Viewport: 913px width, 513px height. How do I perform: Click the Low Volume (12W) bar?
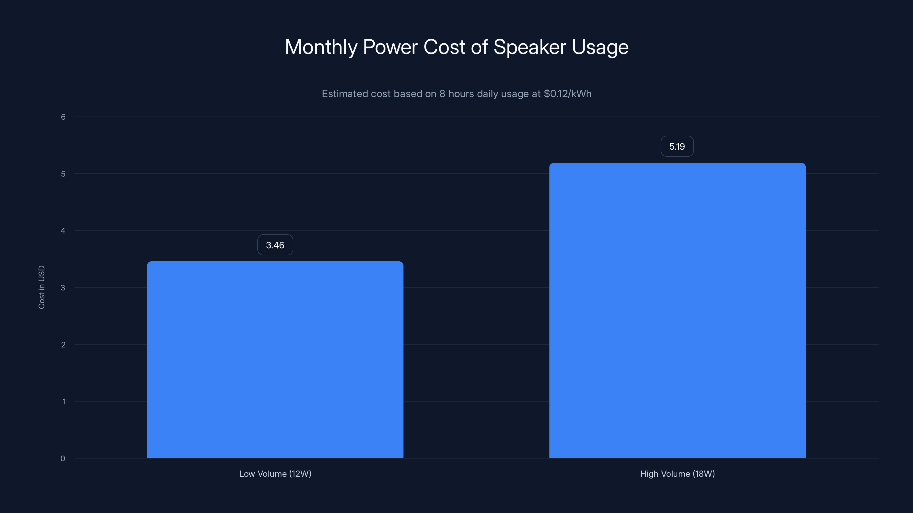click(275, 359)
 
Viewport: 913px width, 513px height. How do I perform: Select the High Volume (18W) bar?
click(677, 310)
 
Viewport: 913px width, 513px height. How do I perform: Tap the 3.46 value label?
click(275, 245)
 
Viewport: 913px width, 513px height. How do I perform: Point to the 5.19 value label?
click(677, 146)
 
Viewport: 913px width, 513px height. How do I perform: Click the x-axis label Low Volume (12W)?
click(275, 474)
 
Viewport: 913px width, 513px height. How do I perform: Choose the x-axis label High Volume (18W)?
click(677, 474)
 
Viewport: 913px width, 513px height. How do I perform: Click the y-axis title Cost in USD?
click(41, 287)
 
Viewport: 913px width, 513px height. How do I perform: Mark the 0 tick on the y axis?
click(63, 459)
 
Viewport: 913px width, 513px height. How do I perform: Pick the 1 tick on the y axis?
click(64, 402)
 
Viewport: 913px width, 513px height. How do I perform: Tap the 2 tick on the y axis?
click(63, 345)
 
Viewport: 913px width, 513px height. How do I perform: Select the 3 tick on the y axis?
click(63, 288)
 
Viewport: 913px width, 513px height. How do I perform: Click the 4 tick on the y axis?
click(63, 231)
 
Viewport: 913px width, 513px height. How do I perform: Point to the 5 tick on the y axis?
click(63, 174)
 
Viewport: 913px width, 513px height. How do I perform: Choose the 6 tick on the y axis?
click(63, 117)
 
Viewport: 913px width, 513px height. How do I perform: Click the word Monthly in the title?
click(321, 47)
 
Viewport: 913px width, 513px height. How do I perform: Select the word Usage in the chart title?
click(600, 47)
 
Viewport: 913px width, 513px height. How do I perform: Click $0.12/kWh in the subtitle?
click(567, 94)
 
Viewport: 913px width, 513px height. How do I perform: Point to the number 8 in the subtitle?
click(442, 94)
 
